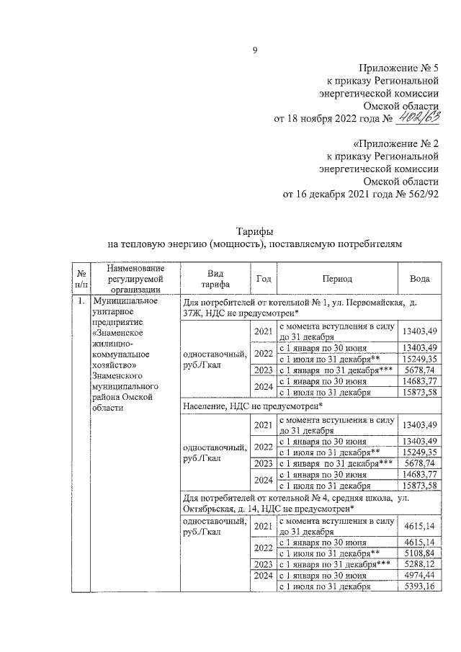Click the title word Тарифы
point(254,231)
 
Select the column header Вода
point(420,278)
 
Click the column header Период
point(337,278)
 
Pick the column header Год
point(263,278)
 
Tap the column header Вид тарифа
point(215,278)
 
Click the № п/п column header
point(81,278)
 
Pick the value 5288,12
point(420,564)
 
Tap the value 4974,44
point(420,576)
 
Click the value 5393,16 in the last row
point(420,586)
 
